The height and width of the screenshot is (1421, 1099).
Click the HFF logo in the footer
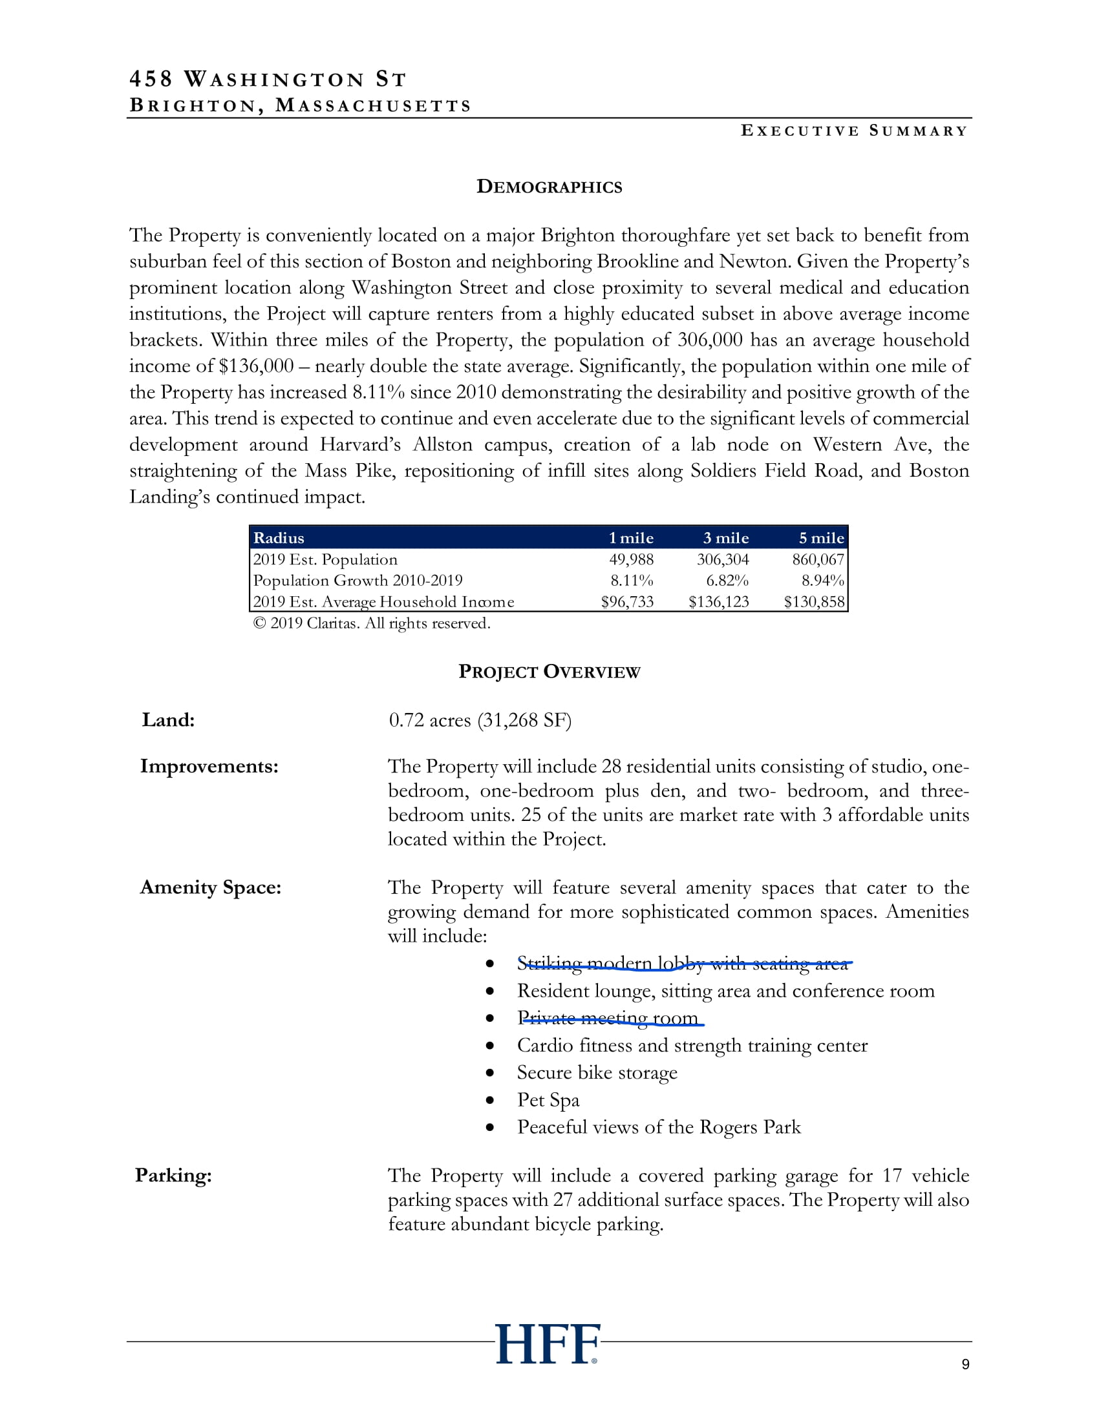pyautogui.click(x=547, y=1343)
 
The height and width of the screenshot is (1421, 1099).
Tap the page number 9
pyautogui.click(x=965, y=1364)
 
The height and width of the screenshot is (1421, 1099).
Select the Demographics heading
pyautogui.click(x=549, y=187)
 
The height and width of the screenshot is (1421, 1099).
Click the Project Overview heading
pyautogui.click(x=549, y=672)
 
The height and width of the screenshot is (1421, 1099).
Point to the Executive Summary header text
pyautogui.click(x=853, y=130)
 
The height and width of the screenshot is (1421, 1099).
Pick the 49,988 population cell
pyautogui.click(x=631, y=559)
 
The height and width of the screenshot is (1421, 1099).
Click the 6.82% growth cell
pyautogui.click(x=727, y=581)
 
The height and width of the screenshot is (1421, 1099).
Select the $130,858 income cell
pyautogui.click(x=814, y=602)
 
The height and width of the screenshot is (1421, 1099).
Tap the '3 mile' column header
pyautogui.click(x=725, y=538)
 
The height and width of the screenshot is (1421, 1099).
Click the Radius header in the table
pyautogui.click(x=279, y=538)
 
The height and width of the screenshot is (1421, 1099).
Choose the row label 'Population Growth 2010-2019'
pyautogui.click(x=357, y=581)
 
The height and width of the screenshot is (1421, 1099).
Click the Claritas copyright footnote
pyautogui.click(x=371, y=623)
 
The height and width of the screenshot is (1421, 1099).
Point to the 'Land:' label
pyautogui.click(x=168, y=720)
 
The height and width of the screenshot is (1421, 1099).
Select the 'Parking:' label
pyautogui.click(x=173, y=1175)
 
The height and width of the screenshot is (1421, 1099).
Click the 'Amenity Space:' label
pyautogui.click(x=210, y=887)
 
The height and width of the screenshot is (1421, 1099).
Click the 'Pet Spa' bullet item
pyautogui.click(x=548, y=1099)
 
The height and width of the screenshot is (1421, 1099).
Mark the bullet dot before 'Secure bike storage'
pyautogui.click(x=489, y=1073)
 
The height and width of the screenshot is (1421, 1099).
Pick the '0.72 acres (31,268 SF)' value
pyautogui.click(x=480, y=720)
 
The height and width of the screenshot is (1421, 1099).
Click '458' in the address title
pyautogui.click(x=151, y=79)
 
